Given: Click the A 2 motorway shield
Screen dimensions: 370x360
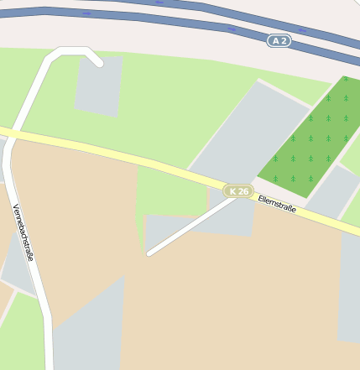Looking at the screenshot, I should [x=279, y=40].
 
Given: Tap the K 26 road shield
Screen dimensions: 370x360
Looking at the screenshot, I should [x=239, y=191].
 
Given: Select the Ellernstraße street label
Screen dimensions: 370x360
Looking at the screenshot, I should [x=277, y=204].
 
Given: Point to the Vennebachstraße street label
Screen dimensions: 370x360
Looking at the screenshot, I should [x=23, y=232].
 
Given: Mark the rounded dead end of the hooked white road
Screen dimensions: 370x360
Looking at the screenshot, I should [x=98, y=62].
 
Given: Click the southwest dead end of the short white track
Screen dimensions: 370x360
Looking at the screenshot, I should [x=149, y=253].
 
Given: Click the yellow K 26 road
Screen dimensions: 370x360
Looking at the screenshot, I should [x=126, y=155].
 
